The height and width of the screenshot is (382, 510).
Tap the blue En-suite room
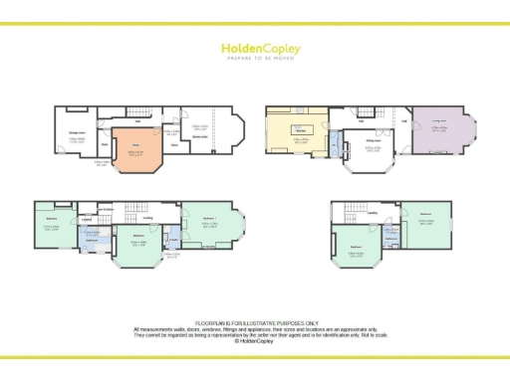[x=174, y=241]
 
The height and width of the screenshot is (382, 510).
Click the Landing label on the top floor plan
[x=371, y=212]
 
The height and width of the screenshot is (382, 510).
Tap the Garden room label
[x=199, y=137]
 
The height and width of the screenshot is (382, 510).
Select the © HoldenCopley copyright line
[x=255, y=341]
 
